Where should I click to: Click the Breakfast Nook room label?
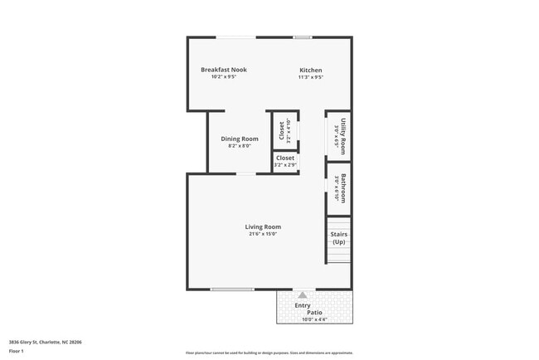[x=223, y=70]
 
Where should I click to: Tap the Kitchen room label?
[x=310, y=71]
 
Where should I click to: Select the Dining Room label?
[x=239, y=139]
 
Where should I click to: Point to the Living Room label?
[x=262, y=226]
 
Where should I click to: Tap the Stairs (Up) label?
[x=338, y=238]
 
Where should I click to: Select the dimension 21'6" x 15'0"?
[x=262, y=234]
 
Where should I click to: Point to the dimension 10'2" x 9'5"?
[x=223, y=77]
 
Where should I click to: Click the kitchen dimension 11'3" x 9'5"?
[x=310, y=77]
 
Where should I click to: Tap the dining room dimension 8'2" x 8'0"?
[x=239, y=146]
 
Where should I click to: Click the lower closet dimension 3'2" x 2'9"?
[x=284, y=164]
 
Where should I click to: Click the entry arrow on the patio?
[x=303, y=294]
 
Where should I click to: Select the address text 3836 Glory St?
[x=45, y=342]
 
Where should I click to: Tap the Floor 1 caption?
[x=17, y=352]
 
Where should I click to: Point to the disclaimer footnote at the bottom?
[x=269, y=353]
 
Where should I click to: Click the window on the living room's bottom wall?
[x=231, y=289]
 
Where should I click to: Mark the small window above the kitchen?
[x=302, y=36]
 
